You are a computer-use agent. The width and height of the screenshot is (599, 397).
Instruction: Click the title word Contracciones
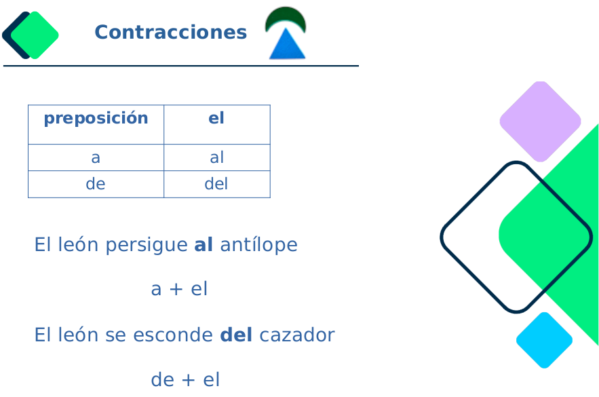coord(170,33)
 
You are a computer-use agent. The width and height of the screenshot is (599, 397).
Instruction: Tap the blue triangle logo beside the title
coord(286,45)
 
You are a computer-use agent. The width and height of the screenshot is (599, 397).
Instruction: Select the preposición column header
coord(96,119)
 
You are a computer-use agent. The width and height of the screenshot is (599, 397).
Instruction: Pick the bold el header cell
coord(216,119)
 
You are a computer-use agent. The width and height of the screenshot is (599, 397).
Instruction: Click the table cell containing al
coord(216,158)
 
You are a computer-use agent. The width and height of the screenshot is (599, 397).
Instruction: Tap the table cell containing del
coord(216,184)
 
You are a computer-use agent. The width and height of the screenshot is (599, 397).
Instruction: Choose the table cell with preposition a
coord(96,158)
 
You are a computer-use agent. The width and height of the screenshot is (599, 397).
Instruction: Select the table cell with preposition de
coord(96,184)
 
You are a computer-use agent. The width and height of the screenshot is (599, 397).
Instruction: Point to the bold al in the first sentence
coord(204,245)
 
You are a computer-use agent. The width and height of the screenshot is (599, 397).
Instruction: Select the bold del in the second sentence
coord(236,335)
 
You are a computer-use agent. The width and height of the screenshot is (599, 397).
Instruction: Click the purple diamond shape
coord(540,121)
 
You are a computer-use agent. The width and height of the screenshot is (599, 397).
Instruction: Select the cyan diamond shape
coord(544,340)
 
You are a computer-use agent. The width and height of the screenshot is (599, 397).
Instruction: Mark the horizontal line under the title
coord(180,66)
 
